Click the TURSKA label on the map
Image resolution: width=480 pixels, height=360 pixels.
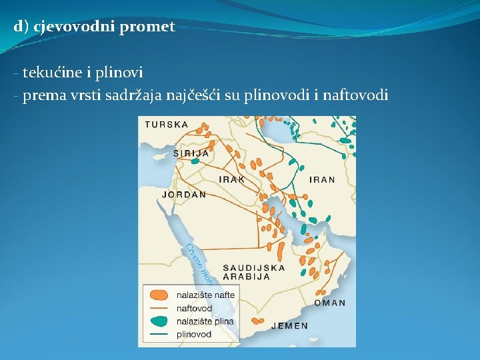coord(167,125)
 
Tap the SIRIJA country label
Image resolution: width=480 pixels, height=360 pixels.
coord(191,153)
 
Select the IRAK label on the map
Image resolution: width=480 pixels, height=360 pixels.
coord(232,180)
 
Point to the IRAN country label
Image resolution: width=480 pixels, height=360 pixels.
coord(322,180)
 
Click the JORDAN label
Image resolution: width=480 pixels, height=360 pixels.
coord(184,195)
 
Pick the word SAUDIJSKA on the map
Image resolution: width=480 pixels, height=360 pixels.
coord(254,268)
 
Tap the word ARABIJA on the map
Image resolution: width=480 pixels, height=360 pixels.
coord(246,276)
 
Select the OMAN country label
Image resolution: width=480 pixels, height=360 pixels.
coord(329,303)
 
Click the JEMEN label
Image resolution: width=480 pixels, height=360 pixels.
coord(290,326)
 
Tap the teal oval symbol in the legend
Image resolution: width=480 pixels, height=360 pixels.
coord(158,321)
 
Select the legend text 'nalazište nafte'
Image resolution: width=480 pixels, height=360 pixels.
coord(205,295)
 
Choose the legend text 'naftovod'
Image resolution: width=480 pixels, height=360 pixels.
coord(194,309)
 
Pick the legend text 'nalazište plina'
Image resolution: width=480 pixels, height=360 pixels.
coord(205,321)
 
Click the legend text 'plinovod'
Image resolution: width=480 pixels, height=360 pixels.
coord(193,334)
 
